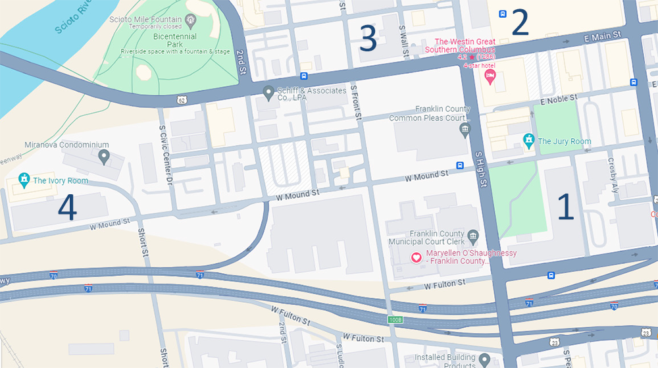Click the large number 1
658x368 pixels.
tap(566, 207)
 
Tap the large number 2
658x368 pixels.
tap(520, 23)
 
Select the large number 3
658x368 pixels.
tap(368, 39)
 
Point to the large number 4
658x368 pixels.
tap(67, 207)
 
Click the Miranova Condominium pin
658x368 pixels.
tap(103, 156)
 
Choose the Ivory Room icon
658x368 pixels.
tap(24, 179)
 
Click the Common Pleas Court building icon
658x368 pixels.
tap(465, 128)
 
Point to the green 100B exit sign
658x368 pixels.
tap(393, 319)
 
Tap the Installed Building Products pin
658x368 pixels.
tap(484, 361)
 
